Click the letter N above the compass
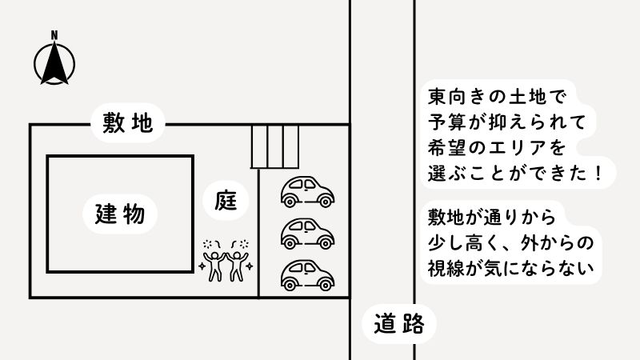point(54,35)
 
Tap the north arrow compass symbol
point(54,63)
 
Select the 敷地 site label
point(127,123)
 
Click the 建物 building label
point(119,214)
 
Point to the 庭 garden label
point(223,199)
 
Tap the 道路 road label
point(398,324)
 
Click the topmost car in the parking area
point(307,191)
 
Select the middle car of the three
point(307,233)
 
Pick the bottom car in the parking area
point(307,274)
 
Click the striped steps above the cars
point(274,146)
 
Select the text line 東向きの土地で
point(496,98)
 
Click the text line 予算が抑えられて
point(507,122)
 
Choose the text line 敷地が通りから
point(490,218)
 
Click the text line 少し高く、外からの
point(511,242)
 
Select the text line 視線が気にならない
point(511,268)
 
